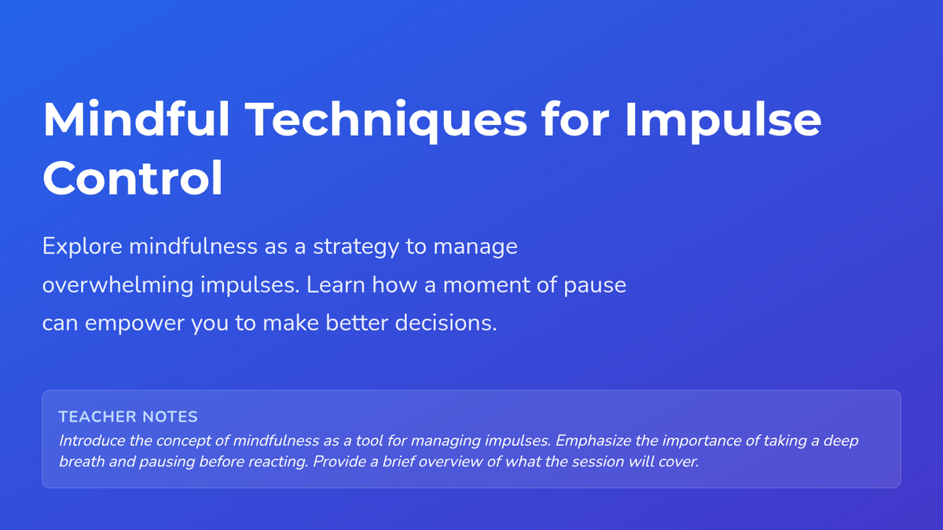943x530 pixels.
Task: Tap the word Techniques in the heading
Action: tap(386, 122)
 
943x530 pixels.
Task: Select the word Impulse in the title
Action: tap(722, 122)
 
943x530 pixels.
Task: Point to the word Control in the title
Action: tap(133, 178)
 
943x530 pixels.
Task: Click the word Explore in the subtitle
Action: tap(82, 247)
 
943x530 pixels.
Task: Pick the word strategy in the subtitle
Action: tap(356, 247)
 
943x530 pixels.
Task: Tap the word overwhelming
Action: tap(118, 285)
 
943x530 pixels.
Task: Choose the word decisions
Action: tap(446, 323)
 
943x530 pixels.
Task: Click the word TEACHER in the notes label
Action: tap(97, 417)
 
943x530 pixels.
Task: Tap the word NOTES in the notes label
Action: tap(170, 417)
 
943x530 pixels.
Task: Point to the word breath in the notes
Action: tap(82, 462)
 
